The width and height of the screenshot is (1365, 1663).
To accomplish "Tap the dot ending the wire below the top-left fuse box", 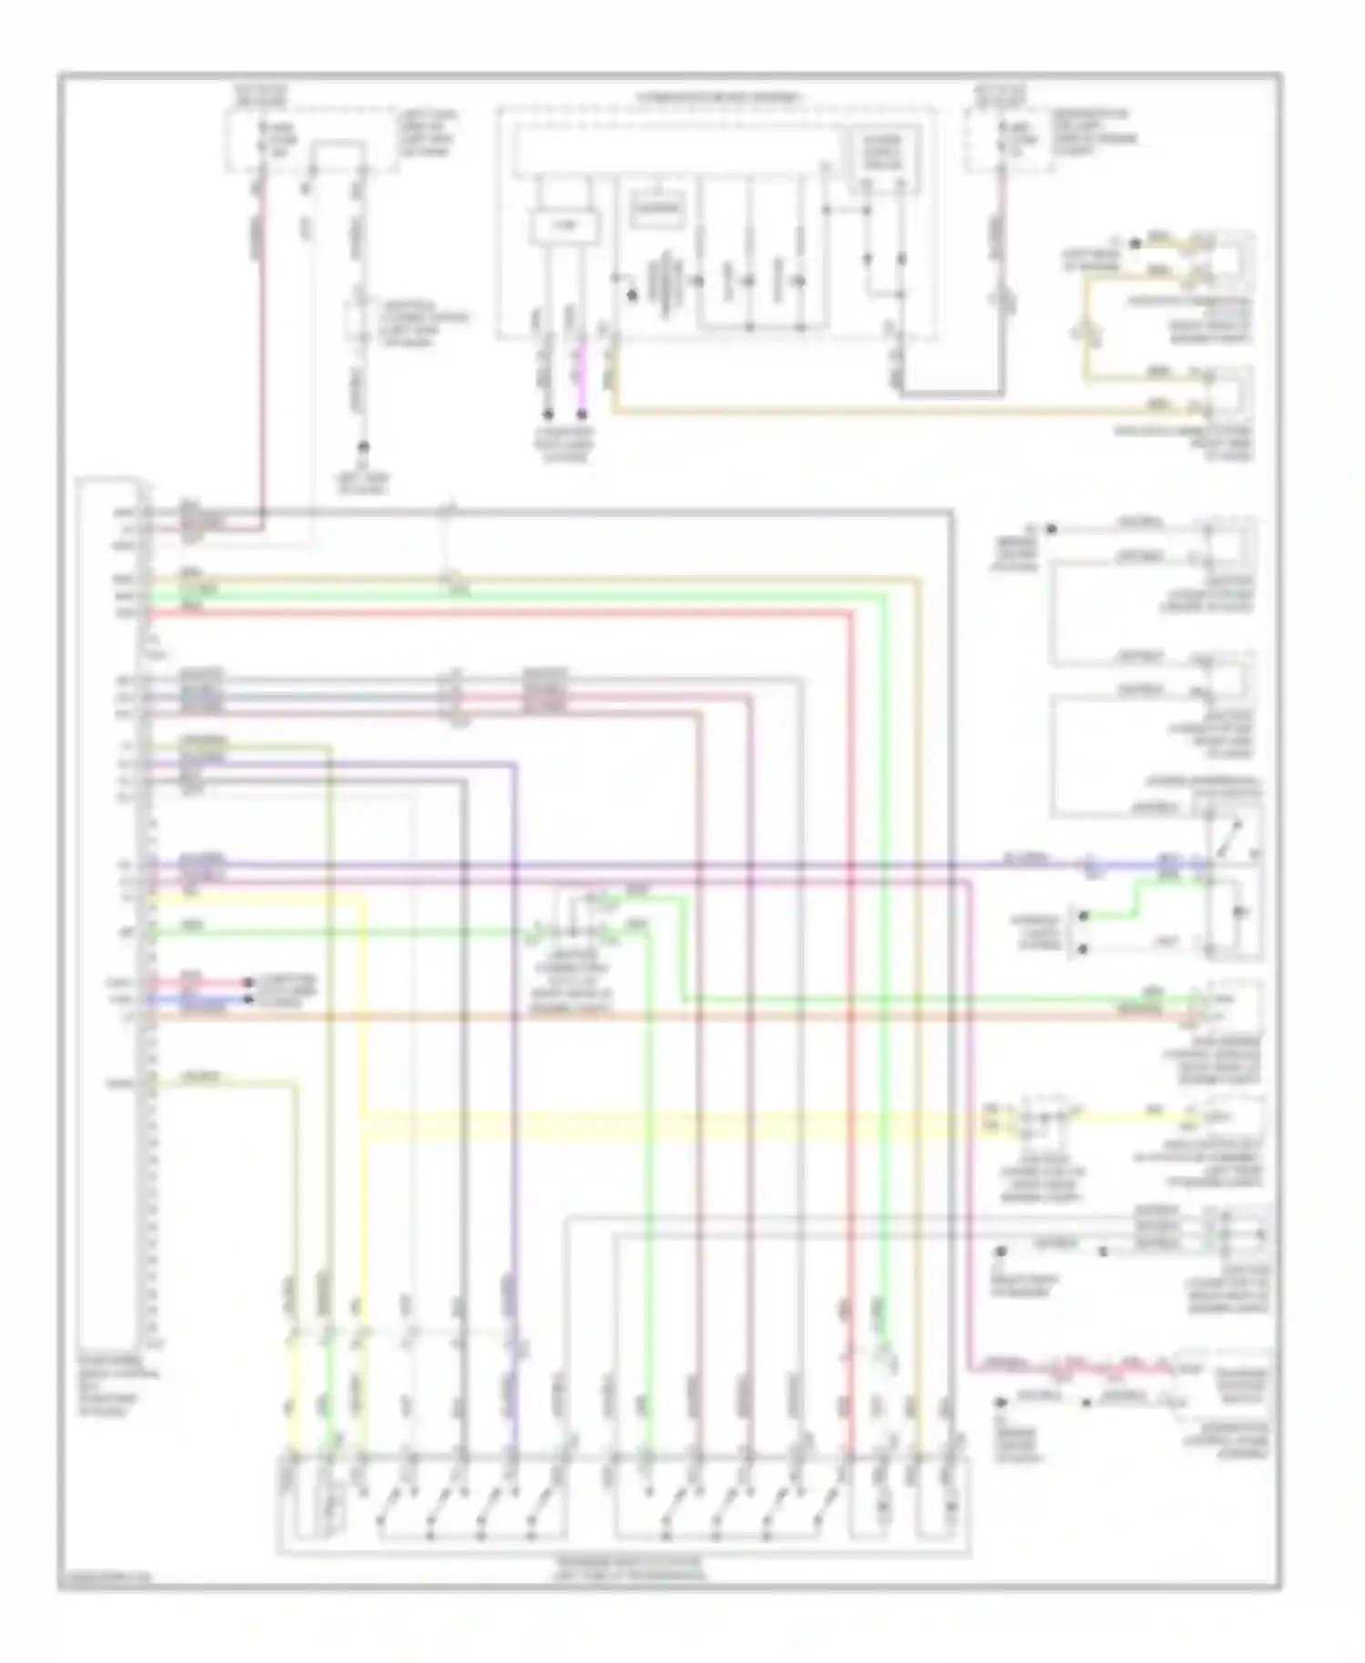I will pos(363,448).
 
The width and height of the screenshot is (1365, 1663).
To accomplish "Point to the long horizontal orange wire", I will pos(637,1015).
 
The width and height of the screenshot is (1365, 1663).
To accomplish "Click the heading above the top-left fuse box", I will pos(260,94).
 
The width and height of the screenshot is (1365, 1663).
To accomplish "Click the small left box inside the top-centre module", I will pos(564,224).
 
